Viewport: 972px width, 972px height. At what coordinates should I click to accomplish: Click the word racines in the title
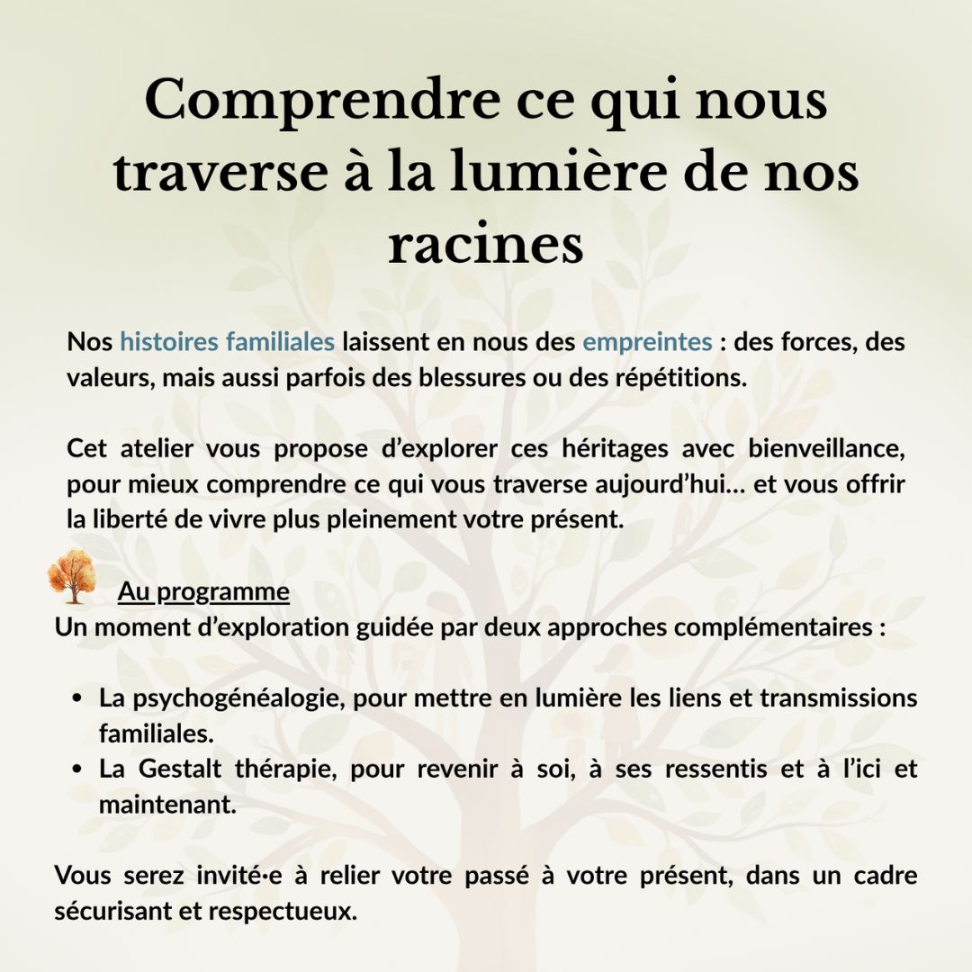[486, 245]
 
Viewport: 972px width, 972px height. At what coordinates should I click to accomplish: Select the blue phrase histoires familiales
[227, 342]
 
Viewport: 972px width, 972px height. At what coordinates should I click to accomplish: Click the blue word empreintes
[647, 342]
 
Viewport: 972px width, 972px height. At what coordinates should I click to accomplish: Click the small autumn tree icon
[72, 577]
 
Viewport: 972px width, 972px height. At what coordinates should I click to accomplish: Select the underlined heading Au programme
[203, 592]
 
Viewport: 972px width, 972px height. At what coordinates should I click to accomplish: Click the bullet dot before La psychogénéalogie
[78, 698]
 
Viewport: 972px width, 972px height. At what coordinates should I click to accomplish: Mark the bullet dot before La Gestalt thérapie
[78, 769]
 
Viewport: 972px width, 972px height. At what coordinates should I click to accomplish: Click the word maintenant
[166, 805]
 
